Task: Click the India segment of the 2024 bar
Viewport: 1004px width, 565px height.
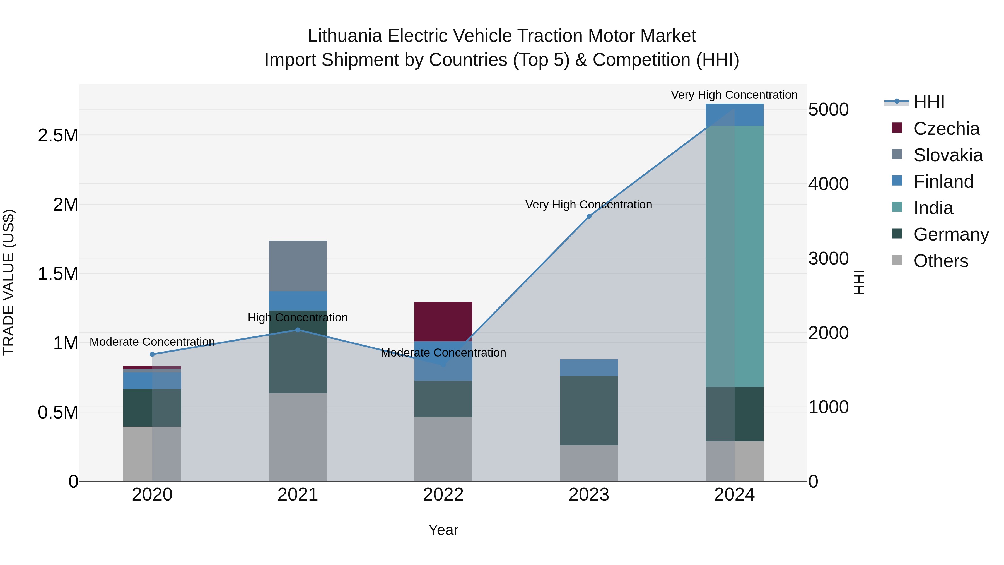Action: coord(734,256)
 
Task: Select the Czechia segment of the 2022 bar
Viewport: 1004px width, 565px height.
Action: coord(443,321)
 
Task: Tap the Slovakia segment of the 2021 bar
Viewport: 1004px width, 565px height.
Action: coord(298,266)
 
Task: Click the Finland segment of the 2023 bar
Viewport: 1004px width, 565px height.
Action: coord(589,368)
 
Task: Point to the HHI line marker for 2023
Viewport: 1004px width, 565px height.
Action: coord(589,217)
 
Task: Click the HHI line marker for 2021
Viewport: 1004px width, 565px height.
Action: coord(298,330)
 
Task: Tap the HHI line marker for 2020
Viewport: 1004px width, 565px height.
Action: coord(152,354)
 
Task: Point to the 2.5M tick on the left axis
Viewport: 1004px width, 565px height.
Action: coord(58,136)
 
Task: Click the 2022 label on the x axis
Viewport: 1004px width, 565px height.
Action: coord(443,495)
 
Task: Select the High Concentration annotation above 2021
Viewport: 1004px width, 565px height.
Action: coord(298,318)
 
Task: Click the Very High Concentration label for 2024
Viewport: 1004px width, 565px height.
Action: coord(734,95)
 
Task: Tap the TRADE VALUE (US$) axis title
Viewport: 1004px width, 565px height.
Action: coord(9,282)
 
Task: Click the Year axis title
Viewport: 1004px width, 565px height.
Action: coord(443,530)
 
